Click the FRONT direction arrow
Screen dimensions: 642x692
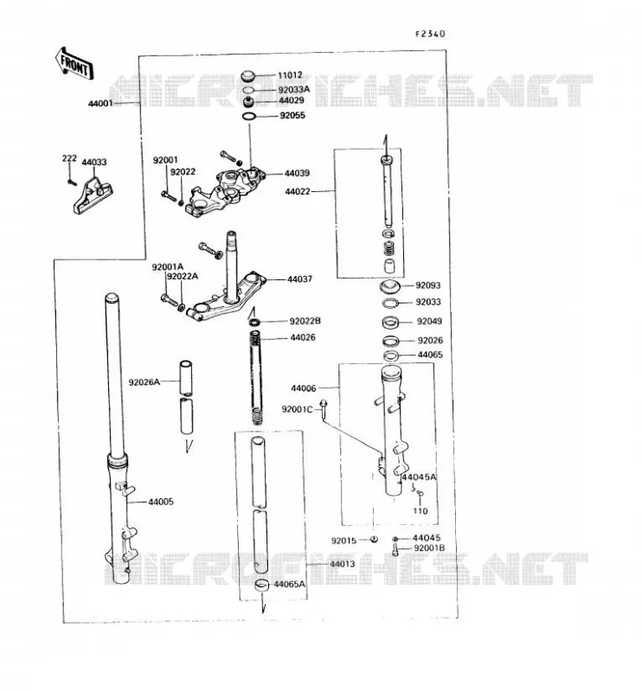pos(74,64)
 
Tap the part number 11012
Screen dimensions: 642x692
pos(290,75)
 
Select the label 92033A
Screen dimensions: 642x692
pos(294,89)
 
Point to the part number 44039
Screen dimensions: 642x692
pos(297,173)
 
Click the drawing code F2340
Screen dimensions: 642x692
pos(430,34)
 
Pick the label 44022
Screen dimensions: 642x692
pos(298,191)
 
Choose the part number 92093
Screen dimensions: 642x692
pos(427,285)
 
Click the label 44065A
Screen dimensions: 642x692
pos(290,584)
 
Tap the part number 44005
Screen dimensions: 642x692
pos(161,502)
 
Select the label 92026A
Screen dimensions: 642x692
pos(144,381)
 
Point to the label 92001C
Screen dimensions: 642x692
pos(297,409)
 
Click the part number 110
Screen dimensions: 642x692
pos(421,511)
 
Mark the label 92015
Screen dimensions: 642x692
pos(343,541)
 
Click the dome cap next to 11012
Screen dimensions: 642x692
pos(249,76)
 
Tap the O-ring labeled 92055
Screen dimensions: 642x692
pos(249,116)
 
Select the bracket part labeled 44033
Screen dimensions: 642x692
pos(93,196)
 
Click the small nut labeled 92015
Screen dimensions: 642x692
pos(373,539)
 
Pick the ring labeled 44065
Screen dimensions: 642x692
pos(391,356)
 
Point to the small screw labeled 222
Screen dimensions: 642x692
pos(70,182)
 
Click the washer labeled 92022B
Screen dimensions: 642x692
pos(254,322)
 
